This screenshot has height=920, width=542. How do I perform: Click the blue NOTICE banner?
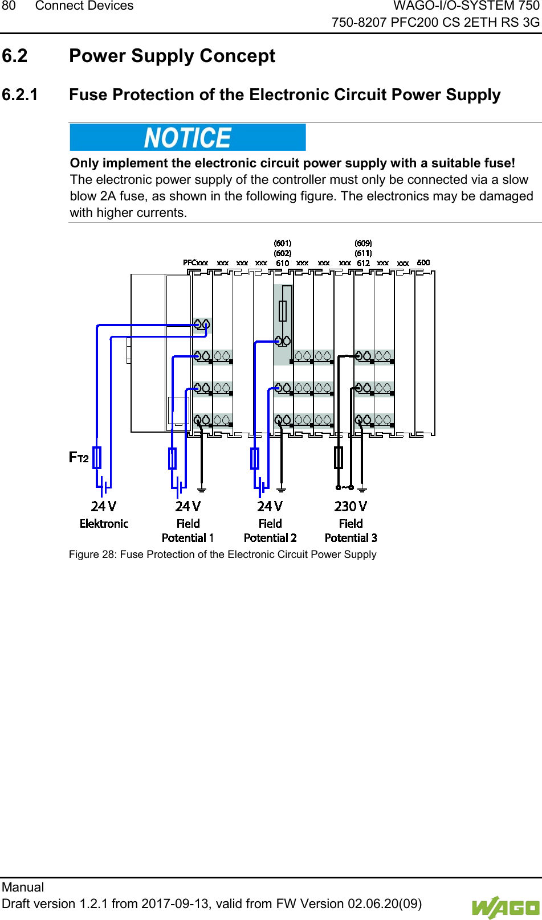[x=188, y=138]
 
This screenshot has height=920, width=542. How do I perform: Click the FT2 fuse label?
[x=79, y=457]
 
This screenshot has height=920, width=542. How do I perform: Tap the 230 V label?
[x=351, y=506]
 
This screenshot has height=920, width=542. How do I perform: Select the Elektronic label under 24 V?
[x=104, y=524]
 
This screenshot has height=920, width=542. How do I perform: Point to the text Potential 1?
[x=188, y=538]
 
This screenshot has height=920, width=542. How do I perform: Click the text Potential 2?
[x=270, y=538]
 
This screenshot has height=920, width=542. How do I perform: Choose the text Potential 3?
[x=351, y=538]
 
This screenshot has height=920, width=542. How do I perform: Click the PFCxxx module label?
[x=195, y=263]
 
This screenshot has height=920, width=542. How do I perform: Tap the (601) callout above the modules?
[x=283, y=244]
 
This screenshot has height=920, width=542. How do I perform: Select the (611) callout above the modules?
[x=363, y=253]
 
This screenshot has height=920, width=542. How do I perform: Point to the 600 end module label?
[x=423, y=262]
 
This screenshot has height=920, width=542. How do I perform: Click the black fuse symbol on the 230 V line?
[x=339, y=458]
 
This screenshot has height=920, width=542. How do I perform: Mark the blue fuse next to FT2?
[x=97, y=458]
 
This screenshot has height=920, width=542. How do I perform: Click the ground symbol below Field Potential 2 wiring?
[x=281, y=488]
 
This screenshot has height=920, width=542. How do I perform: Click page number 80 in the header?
[x=9, y=6]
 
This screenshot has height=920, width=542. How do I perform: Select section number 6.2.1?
[x=20, y=95]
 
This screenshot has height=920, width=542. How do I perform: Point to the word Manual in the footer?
[x=23, y=887]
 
